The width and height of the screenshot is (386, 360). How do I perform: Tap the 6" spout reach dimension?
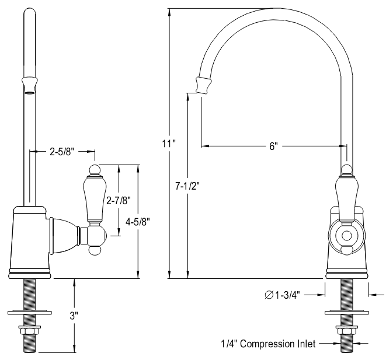coord(272,146)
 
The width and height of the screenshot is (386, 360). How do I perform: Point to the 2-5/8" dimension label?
coord(61,152)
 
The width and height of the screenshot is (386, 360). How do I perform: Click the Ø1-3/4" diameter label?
coord(286,295)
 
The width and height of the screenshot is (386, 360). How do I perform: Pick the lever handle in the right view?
coord(346,195)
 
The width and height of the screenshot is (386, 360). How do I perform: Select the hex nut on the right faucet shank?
coord(346,332)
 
